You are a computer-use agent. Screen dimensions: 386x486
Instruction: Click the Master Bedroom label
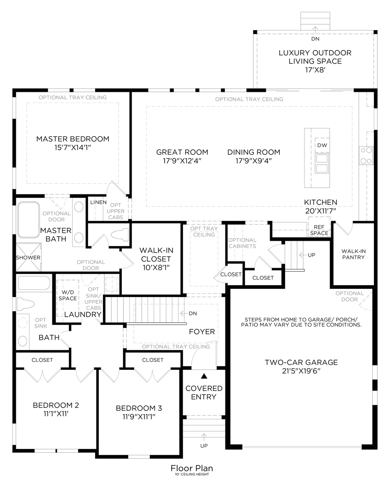[73, 139]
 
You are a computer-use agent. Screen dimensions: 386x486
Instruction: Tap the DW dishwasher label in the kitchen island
[322, 145]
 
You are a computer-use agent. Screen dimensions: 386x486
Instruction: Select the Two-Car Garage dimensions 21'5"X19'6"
[301, 371]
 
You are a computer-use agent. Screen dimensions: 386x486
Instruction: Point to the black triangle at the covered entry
[204, 376]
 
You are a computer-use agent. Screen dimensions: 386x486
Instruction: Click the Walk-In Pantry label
[354, 254]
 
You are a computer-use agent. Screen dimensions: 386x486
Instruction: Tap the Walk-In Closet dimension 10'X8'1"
[156, 267]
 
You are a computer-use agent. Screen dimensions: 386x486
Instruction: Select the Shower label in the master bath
[28, 257]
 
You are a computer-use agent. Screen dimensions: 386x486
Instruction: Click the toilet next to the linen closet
[119, 234]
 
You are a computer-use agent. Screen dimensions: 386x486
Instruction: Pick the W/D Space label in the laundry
[68, 295]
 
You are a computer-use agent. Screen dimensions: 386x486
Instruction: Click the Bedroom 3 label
[139, 408]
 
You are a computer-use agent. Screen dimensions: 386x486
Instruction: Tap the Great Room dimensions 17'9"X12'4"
[182, 161]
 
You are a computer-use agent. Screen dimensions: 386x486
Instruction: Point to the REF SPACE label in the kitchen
[319, 230]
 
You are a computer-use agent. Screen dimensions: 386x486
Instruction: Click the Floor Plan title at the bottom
[192, 468]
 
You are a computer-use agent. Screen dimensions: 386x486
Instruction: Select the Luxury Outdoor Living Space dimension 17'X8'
[315, 70]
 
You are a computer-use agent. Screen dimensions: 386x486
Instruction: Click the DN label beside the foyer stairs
[193, 313]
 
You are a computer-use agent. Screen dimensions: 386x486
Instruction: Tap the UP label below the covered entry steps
[204, 445]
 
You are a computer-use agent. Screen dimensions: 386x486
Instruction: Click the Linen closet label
[98, 202]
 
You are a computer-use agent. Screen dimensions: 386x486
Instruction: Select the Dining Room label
[254, 152]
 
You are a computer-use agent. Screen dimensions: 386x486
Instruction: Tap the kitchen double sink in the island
[322, 163]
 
